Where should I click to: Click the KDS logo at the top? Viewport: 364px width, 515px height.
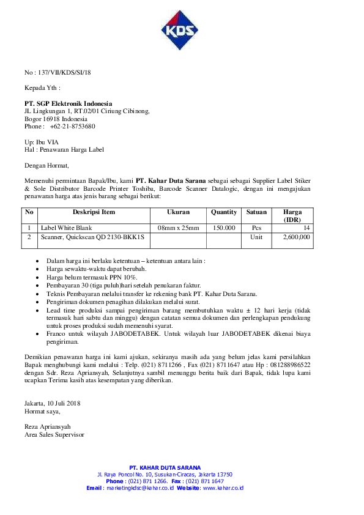pyautogui.click(x=181, y=31)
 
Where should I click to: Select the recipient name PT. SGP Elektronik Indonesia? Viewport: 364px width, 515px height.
pyautogui.click(x=69, y=103)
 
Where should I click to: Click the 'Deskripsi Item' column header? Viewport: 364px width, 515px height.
pyautogui.click(x=94, y=212)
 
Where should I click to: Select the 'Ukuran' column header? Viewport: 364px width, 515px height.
pyautogui.click(x=178, y=212)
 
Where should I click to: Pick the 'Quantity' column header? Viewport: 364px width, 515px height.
pyautogui.click(x=223, y=212)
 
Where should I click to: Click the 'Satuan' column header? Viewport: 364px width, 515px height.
pyautogui.click(x=256, y=212)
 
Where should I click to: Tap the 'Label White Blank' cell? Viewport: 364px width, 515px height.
pyautogui.click(x=65, y=228)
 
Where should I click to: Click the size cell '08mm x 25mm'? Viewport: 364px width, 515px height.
pyautogui.click(x=178, y=228)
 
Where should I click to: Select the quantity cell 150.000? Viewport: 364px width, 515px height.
pyautogui.click(x=223, y=228)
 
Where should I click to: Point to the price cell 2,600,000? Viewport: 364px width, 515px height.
pyautogui.click(x=296, y=237)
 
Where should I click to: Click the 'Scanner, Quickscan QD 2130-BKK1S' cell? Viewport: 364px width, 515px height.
pyautogui.click(x=92, y=237)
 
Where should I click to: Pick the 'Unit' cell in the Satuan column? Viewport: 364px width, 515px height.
pyautogui.click(x=256, y=237)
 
